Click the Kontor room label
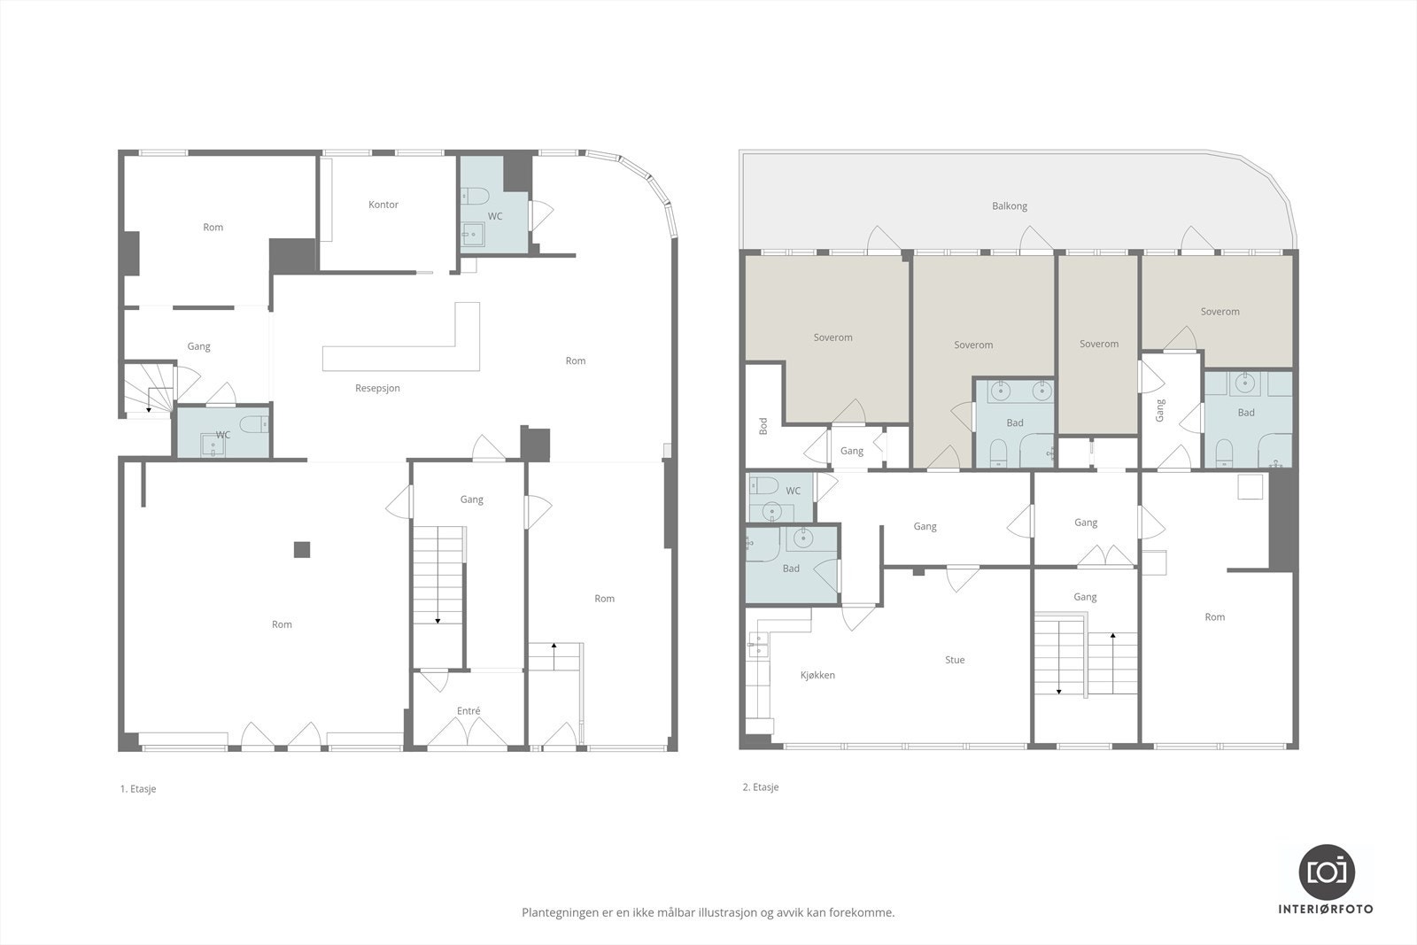[x=383, y=205]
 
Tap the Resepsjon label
[x=377, y=389]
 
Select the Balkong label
[x=1010, y=206]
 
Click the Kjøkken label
[x=817, y=676]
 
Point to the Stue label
[x=955, y=660]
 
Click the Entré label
[x=468, y=711]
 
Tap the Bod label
[x=763, y=426]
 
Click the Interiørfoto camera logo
[x=1327, y=872]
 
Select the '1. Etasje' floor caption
[x=138, y=789]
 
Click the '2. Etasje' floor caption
[x=761, y=786]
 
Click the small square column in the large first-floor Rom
[x=302, y=550]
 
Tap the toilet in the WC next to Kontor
[x=475, y=196]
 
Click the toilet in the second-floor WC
[x=763, y=485]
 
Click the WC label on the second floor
[x=794, y=491]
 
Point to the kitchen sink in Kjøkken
[x=758, y=645]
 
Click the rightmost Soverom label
[x=1220, y=312]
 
